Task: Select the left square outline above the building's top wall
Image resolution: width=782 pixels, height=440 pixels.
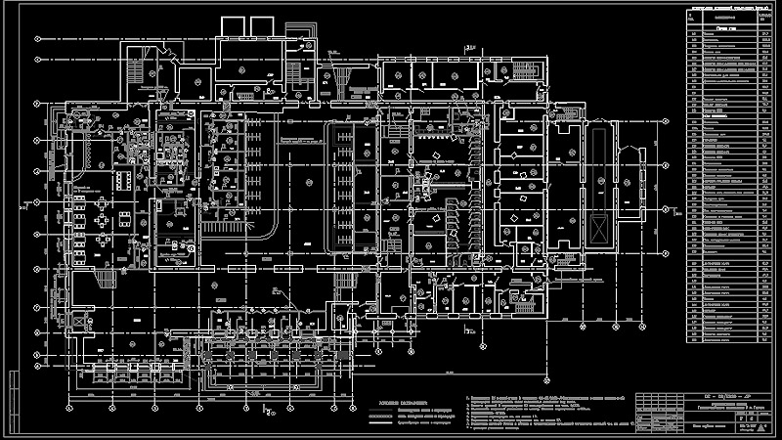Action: (x=231, y=26)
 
